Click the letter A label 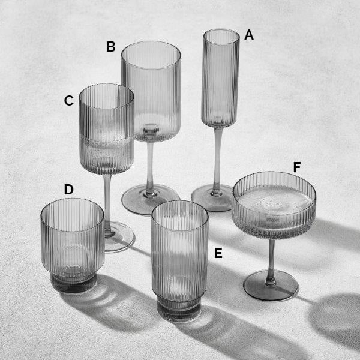tap(249, 35)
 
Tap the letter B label tap(110, 46)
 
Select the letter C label tap(69, 101)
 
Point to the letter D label tap(68, 190)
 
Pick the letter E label tap(218, 253)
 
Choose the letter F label tap(297, 167)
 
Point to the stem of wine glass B tap(150, 166)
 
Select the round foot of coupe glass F tap(271, 286)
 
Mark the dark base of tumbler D tap(73, 283)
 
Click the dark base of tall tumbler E tap(178, 309)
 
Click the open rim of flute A tap(221, 37)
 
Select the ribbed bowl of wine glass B tap(151, 92)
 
